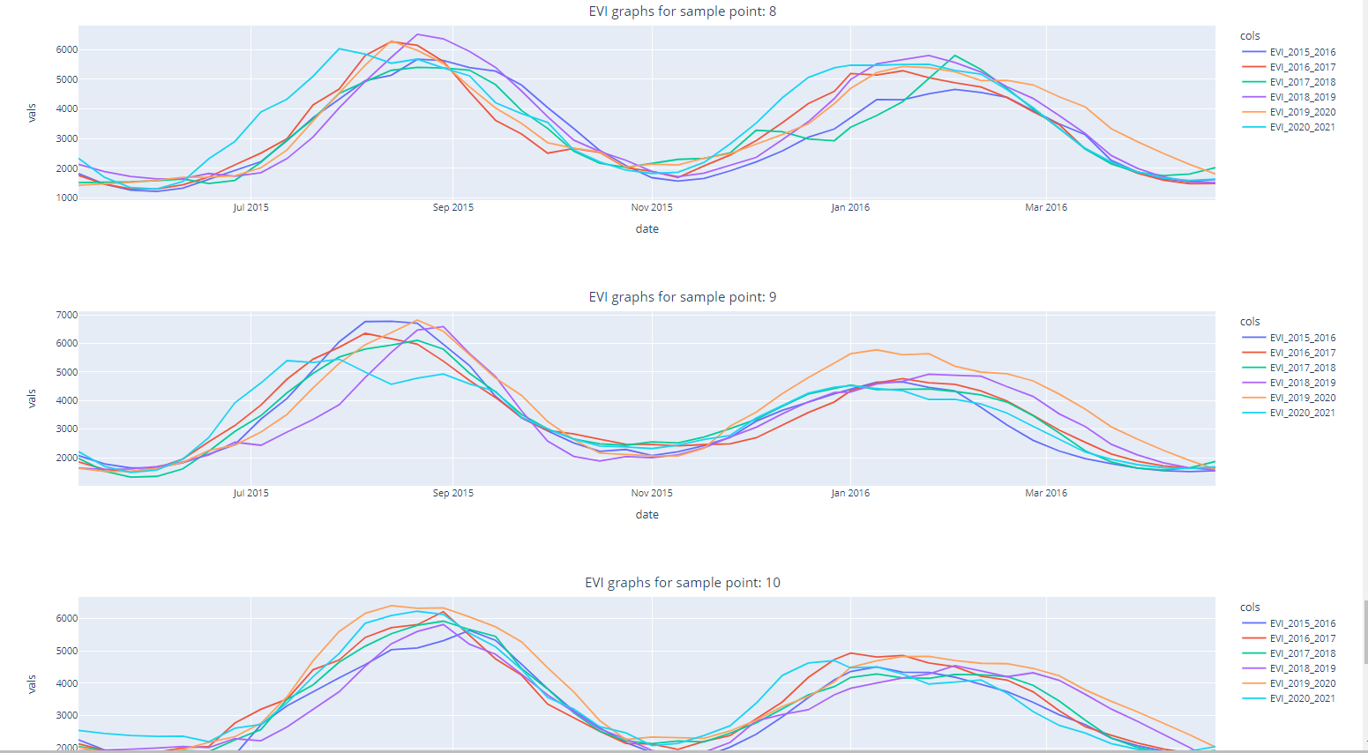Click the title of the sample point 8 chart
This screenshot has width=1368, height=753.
(682, 11)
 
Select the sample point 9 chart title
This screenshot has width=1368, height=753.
(682, 297)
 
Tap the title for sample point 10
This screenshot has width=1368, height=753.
(682, 583)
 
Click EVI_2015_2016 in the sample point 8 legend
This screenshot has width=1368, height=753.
(1302, 52)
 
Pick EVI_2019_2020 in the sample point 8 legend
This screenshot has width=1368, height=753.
(1302, 112)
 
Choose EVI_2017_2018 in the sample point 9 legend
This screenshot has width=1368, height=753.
(1302, 368)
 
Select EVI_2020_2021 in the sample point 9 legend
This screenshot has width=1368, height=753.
(1302, 413)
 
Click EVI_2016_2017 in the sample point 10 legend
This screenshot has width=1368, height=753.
(1302, 638)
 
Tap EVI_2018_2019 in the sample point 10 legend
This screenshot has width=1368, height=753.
(1302, 668)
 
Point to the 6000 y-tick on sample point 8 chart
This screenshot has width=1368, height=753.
(66, 50)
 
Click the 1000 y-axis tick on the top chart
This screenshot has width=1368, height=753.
(66, 198)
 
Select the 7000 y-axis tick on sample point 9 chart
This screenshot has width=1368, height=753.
(66, 315)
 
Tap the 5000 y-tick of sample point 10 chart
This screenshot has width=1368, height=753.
(66, 651)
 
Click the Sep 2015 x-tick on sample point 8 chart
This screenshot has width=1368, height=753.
(452, 207)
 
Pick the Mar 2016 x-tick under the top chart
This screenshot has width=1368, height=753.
(1045, 207)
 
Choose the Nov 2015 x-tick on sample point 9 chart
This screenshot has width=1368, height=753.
(652, 493)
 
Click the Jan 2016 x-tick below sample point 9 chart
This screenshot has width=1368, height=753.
(850, 493)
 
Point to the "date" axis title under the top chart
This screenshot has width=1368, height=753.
(647, 229)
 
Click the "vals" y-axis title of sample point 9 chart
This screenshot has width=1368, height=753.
(32, 399)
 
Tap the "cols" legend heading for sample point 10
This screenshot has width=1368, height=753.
(1250, 608)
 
